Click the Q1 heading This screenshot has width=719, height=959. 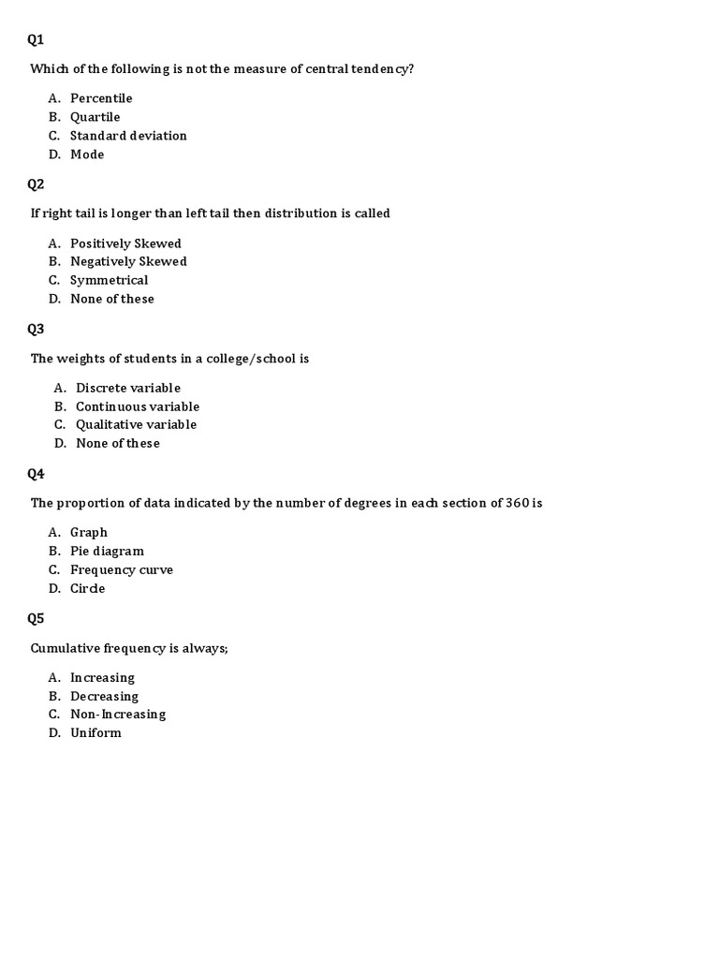tap(36, 39)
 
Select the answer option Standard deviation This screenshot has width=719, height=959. tap(128, 136)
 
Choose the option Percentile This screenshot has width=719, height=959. tap(101, 98)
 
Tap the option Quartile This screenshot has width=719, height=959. tap(95, 117)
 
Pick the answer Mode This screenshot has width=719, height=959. tap(87, 155)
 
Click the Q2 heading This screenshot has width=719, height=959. tap(36, 184)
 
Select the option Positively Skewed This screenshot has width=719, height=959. tap(125, 243)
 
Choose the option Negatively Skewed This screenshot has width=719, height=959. tap(128, 261)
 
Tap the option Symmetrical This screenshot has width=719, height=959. tap(109, 280)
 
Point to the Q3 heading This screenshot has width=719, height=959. tap(36, 329)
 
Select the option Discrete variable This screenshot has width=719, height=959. tap(128, 388)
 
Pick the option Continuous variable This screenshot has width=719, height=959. tap(138, 406)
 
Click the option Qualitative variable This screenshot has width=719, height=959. tap(136, 424)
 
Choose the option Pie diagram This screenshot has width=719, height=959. tap(107, 551)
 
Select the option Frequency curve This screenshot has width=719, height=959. tap(122, 569)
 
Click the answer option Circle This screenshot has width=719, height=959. tap(87, 588)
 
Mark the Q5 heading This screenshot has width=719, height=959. tap(36, 618)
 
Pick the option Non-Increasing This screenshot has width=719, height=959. tap(118, 714)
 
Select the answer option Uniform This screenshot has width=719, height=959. tap(95, 732)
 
